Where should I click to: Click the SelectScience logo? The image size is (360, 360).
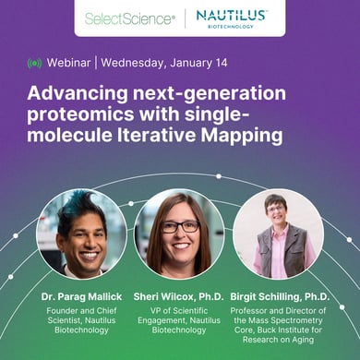(x=129, y=18)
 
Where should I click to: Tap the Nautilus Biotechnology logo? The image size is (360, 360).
(x=232, y=18)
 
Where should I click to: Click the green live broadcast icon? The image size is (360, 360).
(x=35, y=64)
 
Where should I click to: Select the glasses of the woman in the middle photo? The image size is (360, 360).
(x=179, y=227)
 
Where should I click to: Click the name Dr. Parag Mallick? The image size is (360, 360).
(x=79, y=298)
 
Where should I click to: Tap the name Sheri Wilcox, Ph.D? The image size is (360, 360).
(x=178, y=298)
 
